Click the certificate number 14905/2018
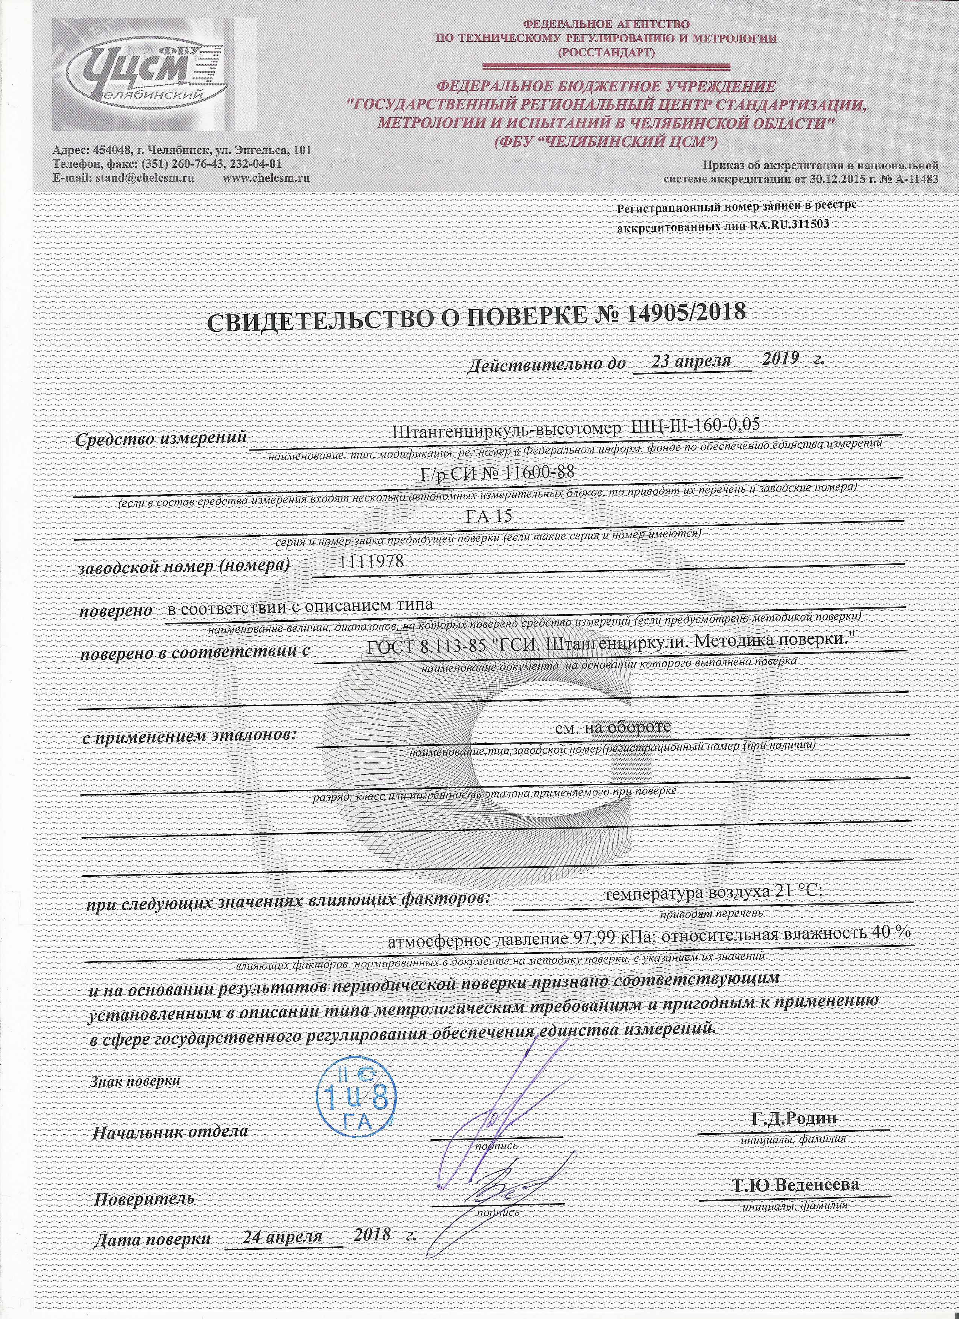click(686, 314)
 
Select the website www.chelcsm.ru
click(266, 178)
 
